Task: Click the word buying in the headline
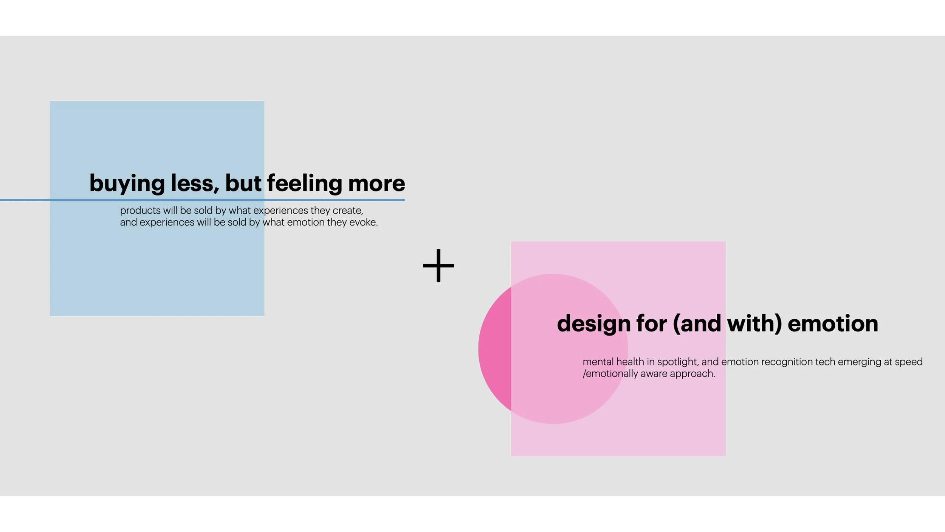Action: [127, 184]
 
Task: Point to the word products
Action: [140, 210]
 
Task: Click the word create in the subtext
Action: [347, 210]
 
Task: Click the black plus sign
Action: [438, 266]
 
